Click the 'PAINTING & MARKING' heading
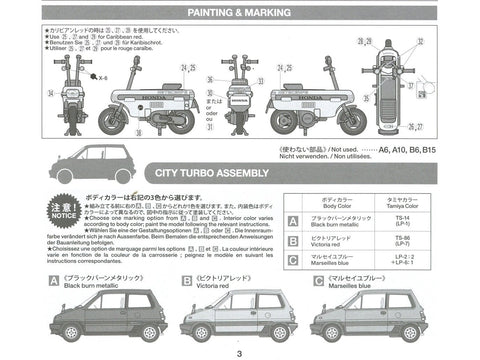240,13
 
